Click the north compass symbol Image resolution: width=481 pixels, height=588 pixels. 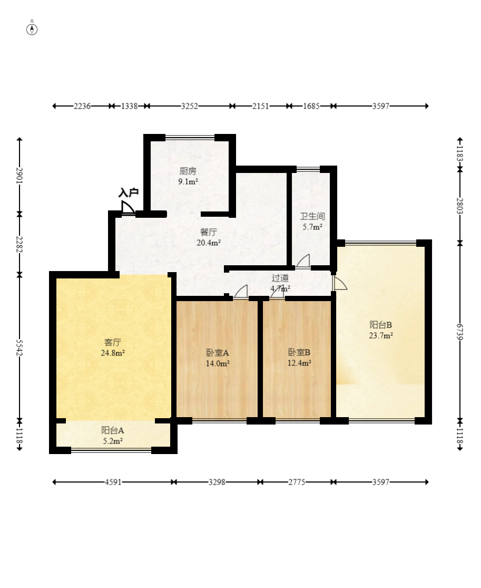pyautogui.click(x=32, y=28)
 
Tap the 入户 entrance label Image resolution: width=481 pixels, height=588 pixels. pyautogui.click(x=128, y=192)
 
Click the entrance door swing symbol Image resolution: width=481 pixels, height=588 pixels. pyautogui.click(x=128, y=208)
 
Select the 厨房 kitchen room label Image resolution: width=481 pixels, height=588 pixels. pyautogui.click(x=188, y=171)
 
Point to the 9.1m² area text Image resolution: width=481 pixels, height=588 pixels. pyautogui.click(x=188, y=182)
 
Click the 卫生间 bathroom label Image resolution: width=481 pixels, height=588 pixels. pyautogui.click(x=312, y=216)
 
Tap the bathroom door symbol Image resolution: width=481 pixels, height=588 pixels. pyautogui.click(x=303, y=261)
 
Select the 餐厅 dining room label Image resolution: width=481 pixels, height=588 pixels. pyautogui.click(x=209, y=232)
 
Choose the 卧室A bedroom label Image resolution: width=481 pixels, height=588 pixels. pyautogui.click(x=217, y=352)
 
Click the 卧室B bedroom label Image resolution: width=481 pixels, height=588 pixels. pyautogui.click(x=299, y=352)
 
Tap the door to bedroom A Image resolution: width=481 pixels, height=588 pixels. pyautogui.click(x=241, y=292)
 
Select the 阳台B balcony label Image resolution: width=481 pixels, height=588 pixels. pyautogui.click(x=380, y=324)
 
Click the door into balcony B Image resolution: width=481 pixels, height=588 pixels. pyautogui.click(x=340, y=283)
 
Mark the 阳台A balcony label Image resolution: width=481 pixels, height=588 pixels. pyautogui.click(x=112, y=430)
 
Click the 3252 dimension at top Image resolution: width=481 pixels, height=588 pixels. pyautogui.click(x=190, y=106)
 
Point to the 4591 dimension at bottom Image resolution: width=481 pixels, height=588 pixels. pyautogui.click(x=114, y=482)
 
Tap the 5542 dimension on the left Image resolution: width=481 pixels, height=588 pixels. pyautogui.click(x=19, y=348)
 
